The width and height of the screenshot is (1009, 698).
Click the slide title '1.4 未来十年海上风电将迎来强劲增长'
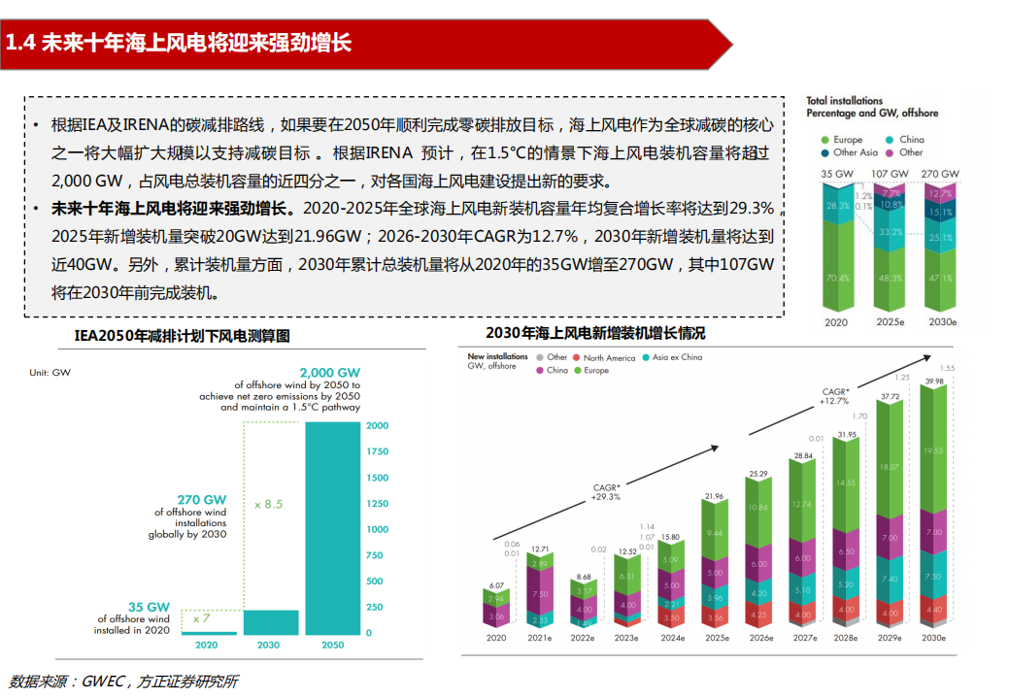coord(179,44)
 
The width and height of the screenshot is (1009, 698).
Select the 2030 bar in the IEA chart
coord(268,621)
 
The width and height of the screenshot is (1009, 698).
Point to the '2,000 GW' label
coord(330,372)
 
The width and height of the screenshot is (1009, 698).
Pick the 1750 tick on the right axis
coord(377,452)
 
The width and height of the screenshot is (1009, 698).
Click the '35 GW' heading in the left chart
coord(150,607)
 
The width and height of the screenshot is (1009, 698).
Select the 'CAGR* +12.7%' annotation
coord(834,395)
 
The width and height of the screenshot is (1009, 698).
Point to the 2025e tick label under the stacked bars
coord(717,639)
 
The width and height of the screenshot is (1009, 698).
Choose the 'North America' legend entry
coord(608,358)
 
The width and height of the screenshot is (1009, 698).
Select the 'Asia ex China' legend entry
coord(677,357)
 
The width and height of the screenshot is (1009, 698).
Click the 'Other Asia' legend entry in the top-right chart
coord(855,152)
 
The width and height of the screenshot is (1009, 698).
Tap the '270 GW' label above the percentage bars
coord(940,174)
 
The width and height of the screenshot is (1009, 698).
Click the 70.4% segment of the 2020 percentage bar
coord(836,278)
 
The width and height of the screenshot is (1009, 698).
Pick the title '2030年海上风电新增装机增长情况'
coord(595,333)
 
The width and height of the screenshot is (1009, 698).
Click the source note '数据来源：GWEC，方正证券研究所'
coord(123,681)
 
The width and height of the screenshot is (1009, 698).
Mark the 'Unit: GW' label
coord(50,372)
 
